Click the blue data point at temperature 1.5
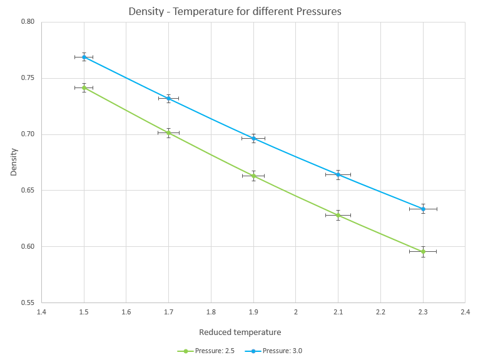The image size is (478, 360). [x=84, y=57]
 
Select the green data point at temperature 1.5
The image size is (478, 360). [x=84, y=88]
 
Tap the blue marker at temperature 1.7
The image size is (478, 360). [x=168, y=98]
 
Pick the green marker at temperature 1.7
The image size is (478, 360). [x=168, y=132]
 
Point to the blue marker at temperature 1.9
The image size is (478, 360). [x=253, y=138]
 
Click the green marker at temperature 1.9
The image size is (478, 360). [x=253, y=176]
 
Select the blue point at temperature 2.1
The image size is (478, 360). [x=338, y=174]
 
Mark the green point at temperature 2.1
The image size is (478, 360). [x=338, y=215]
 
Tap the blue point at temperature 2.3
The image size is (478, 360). [x=423, y=209]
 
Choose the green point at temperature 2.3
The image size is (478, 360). [x=423, y=251]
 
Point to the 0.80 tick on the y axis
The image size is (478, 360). [x=28, y=22]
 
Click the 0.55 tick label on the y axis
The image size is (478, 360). [x=28, y=302]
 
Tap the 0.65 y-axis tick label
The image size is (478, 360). [x=28, y=191]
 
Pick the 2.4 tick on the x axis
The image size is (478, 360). [x=465, y=311]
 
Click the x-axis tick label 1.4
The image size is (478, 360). [x=41, y=311]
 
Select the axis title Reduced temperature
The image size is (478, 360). [x=240, y=332]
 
